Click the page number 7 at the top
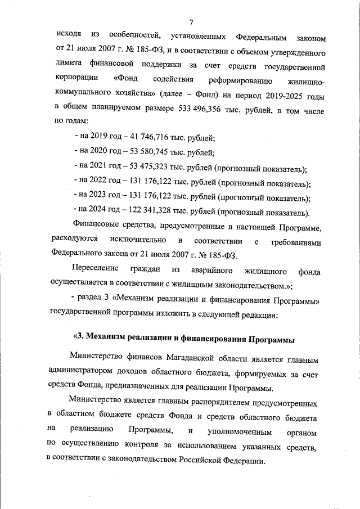[191, 22]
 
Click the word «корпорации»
[76, 79]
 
